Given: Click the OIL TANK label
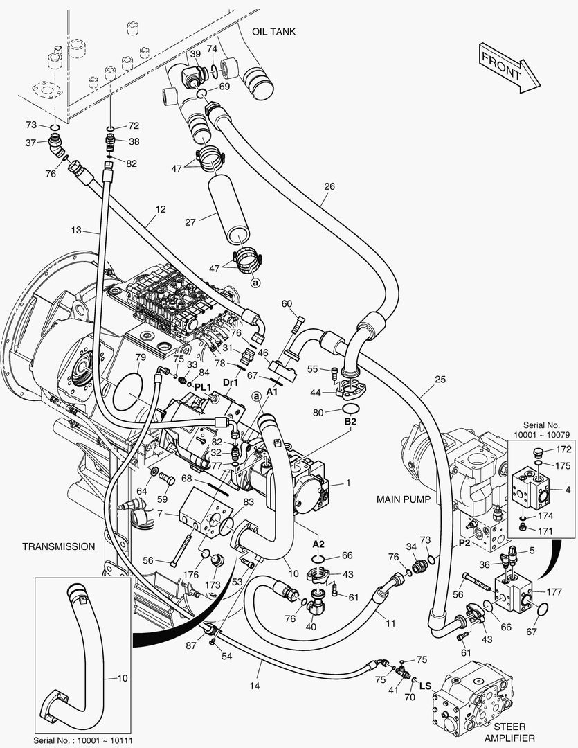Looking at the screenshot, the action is [x=273, y=31].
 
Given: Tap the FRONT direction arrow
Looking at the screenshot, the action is [x=509, y=67].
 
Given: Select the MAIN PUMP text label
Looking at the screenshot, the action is [x=404, y=499].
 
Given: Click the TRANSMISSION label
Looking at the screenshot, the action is [x=59, y=546].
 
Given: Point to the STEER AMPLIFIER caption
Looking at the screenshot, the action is [x=509, y=732].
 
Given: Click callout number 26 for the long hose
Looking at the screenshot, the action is [x=329, y=186].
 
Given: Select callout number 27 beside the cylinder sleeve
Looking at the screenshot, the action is [x=190, y=222].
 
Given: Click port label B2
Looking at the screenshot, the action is [x=350, y=422].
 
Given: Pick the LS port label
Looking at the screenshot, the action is [x=425, y=686].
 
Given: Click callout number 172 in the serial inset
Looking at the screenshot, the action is [x=563, y=449].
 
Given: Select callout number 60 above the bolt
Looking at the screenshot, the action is [x=287, y=304].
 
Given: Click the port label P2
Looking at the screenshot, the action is [x=464, y=543].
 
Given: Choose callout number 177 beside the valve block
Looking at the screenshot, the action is [x=554, y=592].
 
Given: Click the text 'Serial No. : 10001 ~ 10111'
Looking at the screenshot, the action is [x=83, y=740].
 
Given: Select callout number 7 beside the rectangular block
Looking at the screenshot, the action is [x=160, y=514].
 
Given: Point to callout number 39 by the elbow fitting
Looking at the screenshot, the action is [x=195, y=55].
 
